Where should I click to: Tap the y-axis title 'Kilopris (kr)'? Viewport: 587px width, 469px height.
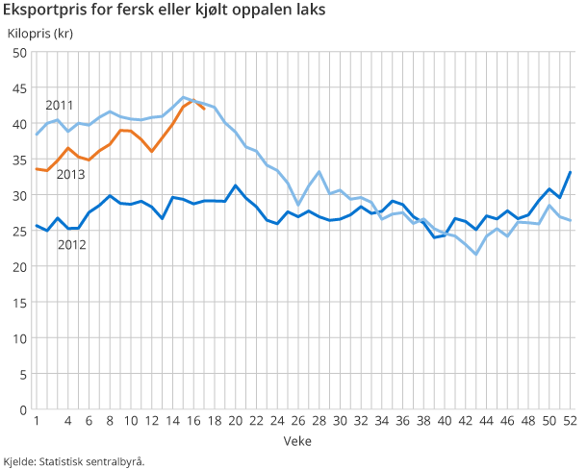tap(40, 34)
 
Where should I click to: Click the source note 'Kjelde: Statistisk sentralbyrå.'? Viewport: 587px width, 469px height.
tap(74, 461)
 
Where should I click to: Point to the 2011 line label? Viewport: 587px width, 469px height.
tap(59, 105)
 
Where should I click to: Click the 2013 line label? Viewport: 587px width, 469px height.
tap(71, 174)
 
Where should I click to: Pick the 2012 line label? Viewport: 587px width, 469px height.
tap(72, 245)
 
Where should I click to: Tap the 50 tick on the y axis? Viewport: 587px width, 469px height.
tap(19, 52)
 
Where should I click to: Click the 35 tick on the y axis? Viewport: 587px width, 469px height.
tap(19, 160)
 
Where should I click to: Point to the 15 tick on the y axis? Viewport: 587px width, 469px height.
tap(19, 303)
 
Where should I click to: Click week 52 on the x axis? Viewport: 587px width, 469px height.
tap(569, 421)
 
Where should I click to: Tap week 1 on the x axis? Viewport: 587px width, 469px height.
tap(37, 421)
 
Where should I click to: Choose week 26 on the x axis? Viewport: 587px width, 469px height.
tap(297, 421)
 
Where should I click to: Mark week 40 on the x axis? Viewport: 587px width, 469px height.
tap(444, 421)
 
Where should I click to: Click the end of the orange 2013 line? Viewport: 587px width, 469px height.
tap(203, 109)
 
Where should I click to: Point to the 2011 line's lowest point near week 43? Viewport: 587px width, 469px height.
tap(475, 254)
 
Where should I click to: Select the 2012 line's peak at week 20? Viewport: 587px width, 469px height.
tap(235, 185)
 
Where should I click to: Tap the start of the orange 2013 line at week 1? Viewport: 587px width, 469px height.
tap(37, 169)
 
